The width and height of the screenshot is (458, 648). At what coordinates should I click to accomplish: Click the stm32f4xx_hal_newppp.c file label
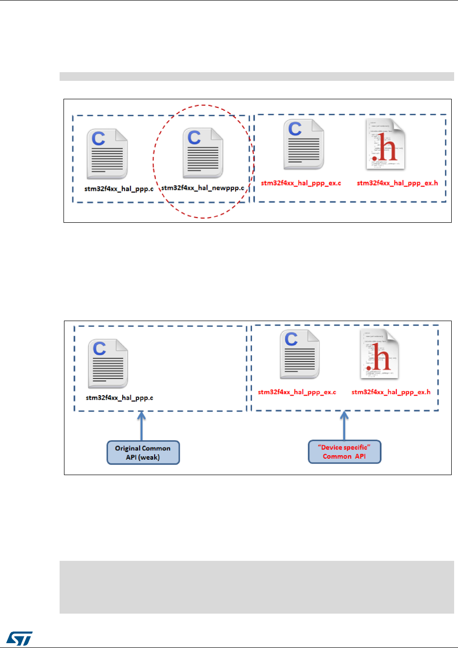[x=202, y=188]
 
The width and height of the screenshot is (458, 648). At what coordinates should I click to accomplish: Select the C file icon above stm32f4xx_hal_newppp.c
[x=203, y=153]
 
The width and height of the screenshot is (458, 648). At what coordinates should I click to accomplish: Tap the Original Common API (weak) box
[x=143, y=452]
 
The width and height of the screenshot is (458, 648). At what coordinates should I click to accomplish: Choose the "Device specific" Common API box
[x=345, y=451]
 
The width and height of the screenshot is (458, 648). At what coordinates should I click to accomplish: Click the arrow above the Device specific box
[x=345, y=425]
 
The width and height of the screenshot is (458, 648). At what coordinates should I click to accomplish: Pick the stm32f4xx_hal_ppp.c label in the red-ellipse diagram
[x=119, y=188]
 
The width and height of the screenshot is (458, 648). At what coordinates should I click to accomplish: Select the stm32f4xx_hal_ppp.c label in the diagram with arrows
[x=119, y=398]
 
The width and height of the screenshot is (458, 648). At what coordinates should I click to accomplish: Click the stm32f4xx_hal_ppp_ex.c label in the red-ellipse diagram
[x=301, y=183]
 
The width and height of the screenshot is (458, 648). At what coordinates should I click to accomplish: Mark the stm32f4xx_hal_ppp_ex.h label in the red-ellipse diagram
[x=397, y=183]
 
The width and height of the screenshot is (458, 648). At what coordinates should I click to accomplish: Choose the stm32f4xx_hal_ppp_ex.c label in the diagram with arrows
[x=297, y=392]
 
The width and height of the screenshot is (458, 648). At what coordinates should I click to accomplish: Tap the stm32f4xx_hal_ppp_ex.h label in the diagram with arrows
[x=391, y=392]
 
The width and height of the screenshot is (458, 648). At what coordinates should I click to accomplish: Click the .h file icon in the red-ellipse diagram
[x=386, y=144]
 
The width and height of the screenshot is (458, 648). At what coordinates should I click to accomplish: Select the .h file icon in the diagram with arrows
[x=379, y=354]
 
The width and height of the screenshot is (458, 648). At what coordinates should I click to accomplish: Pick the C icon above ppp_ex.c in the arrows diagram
[x=300, y=354]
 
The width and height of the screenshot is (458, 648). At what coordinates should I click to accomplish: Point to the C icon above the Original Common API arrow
[x=108, y=364]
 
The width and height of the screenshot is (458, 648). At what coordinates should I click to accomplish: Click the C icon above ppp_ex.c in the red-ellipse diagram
[x=303, y=144]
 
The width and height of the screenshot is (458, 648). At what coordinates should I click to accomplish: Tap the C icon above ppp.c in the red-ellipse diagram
[x=107, y=154]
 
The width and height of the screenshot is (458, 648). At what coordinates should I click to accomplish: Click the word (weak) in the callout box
[x=148, y=457]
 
